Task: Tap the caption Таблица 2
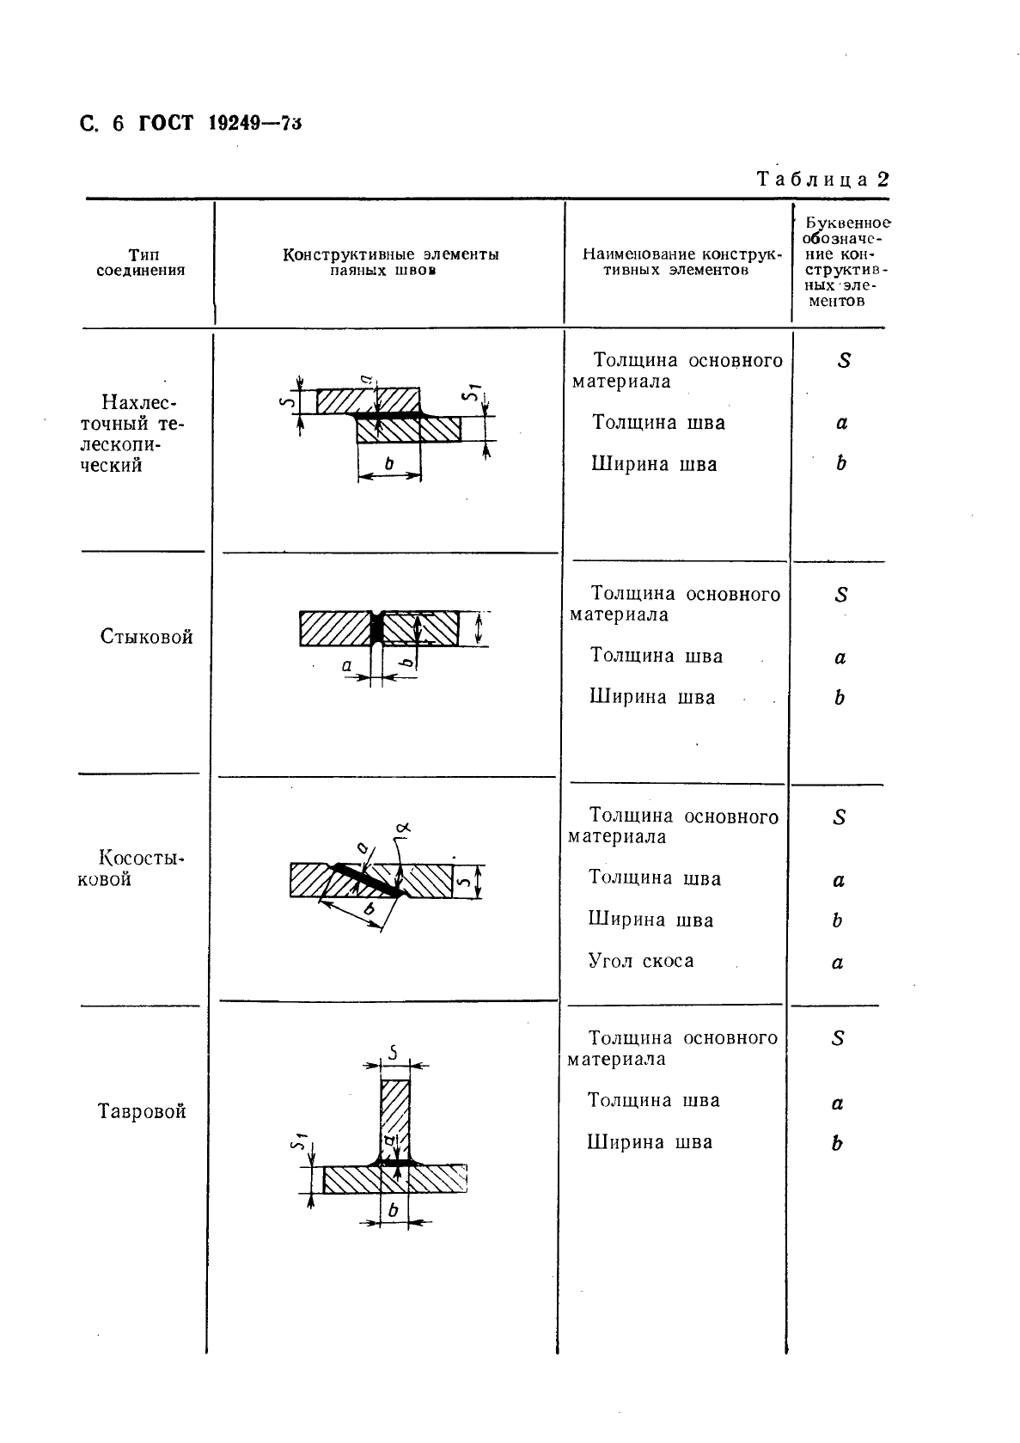point(821,179)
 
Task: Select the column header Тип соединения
point(141,262)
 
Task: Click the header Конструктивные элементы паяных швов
point(390,262)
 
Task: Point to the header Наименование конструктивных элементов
point(681,262)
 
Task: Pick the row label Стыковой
point(146,637)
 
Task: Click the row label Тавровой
point(142,1111)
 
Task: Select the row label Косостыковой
point(131,868)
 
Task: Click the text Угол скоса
point(640,961)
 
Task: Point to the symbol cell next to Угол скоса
point(838,963)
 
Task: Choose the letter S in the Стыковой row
point(841,595)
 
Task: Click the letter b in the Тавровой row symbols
point(837,1143)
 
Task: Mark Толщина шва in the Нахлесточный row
point(658,423)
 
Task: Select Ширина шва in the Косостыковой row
point(650,920)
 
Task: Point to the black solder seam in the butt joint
point(376,628)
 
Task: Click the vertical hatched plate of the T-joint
point(395,1117)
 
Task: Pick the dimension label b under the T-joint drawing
point(394,1210)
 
